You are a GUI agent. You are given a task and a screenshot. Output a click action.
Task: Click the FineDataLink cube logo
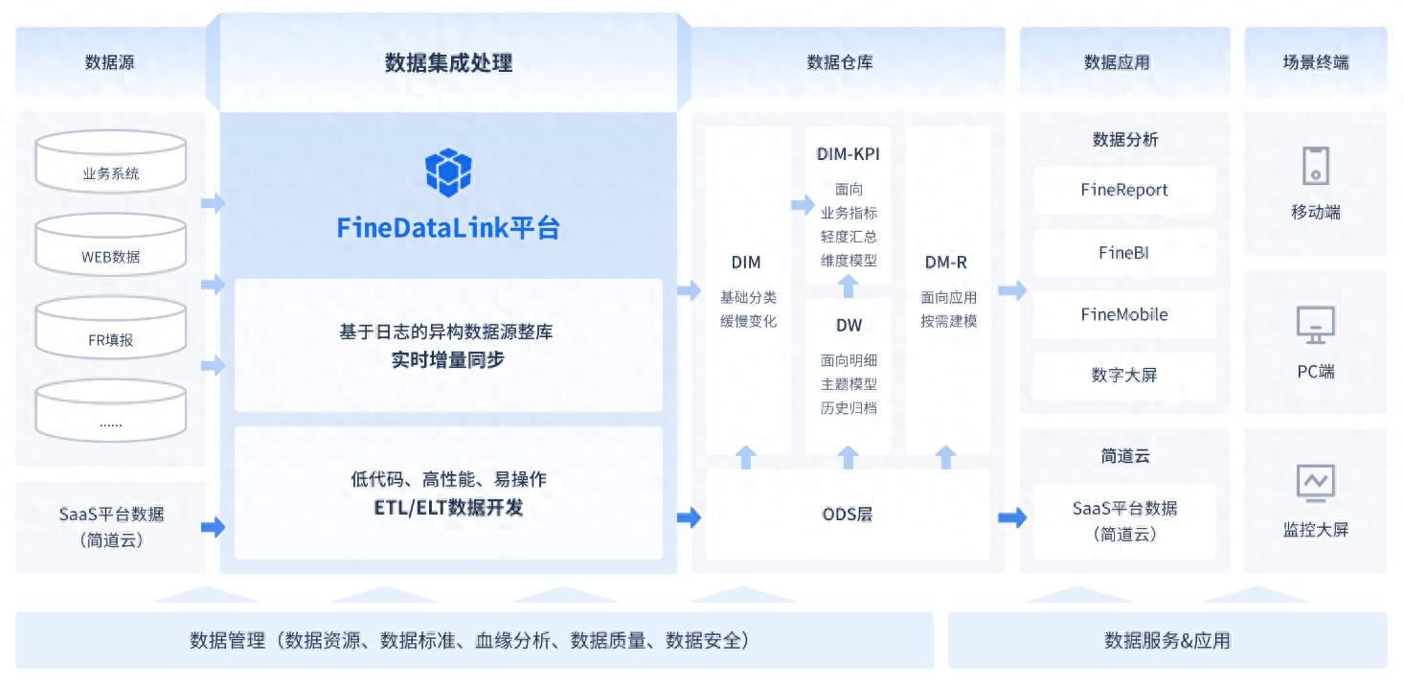pyautogui.click(x=448, y=172)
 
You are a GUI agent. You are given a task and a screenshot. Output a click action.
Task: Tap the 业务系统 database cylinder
pyautogui.click(x=110, y=160)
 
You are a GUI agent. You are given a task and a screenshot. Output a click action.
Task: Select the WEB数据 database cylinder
pyautogui.click(x=110, y=243)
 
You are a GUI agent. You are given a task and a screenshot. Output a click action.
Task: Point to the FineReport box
pyautogui.click(x=1124, y=190)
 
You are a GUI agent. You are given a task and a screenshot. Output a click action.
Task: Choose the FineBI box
pyautogui.click(x=1124, y=253)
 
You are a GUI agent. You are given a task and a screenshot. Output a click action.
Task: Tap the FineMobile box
pyautogui.click(x=1124, y=314)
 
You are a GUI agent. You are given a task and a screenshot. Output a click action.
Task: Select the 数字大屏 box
pyautogui.click(x=1124, y=375)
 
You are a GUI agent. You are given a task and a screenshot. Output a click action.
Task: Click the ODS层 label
pyautogui.click(x=848, y=515)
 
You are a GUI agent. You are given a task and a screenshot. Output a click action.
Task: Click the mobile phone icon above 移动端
pyautogui.click(x=1315, y=166)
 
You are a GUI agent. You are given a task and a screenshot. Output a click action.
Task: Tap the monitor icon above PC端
pyautogui.click(x=1315, y=326)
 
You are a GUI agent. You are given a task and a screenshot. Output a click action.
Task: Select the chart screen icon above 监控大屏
pyautogui.click(x=1315, y=483)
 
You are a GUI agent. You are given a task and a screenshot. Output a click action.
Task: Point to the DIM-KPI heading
pyautogui.click(x=848, y=154)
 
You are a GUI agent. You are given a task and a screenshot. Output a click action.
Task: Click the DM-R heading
pyautogui.click(x=946, y=262)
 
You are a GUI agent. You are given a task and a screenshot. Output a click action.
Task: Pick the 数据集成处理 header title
pyautogui.click(x=448, y=63)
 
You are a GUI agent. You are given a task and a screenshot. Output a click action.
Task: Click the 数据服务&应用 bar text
pyautogui.click(x=1166, y=640)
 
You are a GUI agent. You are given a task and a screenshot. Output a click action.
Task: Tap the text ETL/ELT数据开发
pyautogui.click(x=448, y=508)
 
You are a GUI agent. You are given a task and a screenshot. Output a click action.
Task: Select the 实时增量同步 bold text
pyautogui.click(x=448, y=360)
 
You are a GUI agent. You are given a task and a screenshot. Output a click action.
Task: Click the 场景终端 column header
pyautogui.click(x=1315, y=62)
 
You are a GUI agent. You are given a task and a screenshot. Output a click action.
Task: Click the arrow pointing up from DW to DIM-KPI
pyautogui.click(x=848, y=286)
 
